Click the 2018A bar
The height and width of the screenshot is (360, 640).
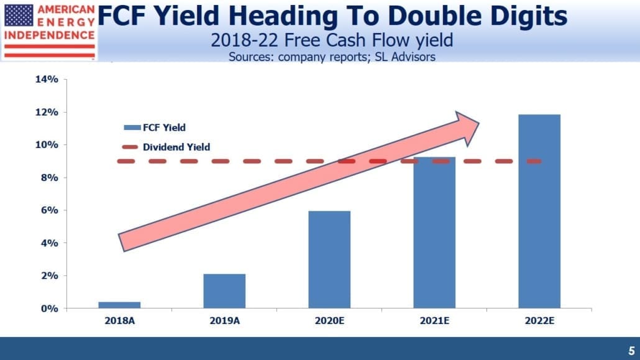pyautogui.click(x=119, y=305)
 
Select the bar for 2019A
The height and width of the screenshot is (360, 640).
pyautogui.click(x=224, y=291)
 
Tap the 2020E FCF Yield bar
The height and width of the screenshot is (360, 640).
pyautogui.click(x=329, y=259)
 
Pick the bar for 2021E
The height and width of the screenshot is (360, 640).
pyautogui.click(x=434, y=233)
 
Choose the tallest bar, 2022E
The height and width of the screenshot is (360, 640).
pyautogui.click(x=539, y=211)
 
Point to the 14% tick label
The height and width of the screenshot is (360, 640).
pyautogui.click(x=47, y=79)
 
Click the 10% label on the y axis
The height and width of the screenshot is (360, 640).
pyautogui.click(x=47, y=145)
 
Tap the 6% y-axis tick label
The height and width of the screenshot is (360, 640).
pyautogui.click(x=49, y=210)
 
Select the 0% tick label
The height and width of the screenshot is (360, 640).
pyautogui.click(x=49, y=308)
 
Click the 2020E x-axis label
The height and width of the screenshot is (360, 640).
pyautogui.click(x=329, y=321)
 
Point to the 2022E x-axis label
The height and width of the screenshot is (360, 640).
pyautogui.click(x=539, y=321)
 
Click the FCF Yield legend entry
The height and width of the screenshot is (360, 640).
pyautogui.click(x=155, y=127)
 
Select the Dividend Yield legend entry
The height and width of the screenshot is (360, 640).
pyautogui.click(x=166, y=147)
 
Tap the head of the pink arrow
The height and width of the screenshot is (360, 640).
pyautogui.click(x=478, y=123)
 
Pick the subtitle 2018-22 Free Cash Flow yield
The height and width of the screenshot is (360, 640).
pyautogui.click(x=332, y=40)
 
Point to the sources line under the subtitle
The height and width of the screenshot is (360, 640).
pyautogui.click(x=332, y=57)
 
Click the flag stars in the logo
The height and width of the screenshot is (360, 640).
pyautogui.click(x=19, y=15)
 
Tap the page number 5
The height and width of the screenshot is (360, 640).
pyautogui.click(x=631, y=351)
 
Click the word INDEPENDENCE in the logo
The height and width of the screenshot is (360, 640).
pyautogui.click(x=49, y=35)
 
